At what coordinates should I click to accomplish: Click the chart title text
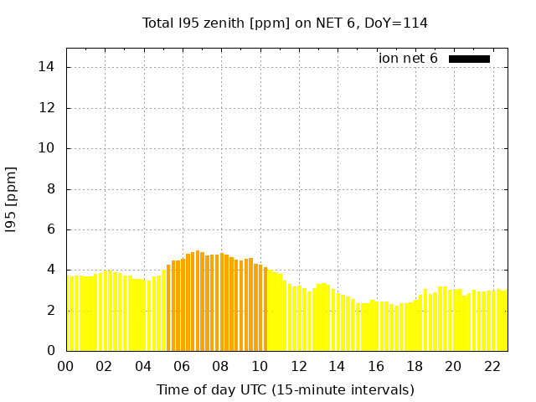tap(285, 23)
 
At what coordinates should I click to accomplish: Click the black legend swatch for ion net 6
tap(469, 59)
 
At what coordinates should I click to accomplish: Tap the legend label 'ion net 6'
tap(408, 59)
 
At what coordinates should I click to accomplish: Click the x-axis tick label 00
tap(65, 366)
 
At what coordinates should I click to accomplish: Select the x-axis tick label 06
tap(182, 366)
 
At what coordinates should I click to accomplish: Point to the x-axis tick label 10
tap(259, 366)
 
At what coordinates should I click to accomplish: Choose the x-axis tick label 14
tap(337, 366)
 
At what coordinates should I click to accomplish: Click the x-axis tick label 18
tap(414, 366)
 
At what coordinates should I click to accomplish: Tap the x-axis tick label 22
tap(491, 366)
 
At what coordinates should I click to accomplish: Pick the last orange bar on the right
tap(265, 309)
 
